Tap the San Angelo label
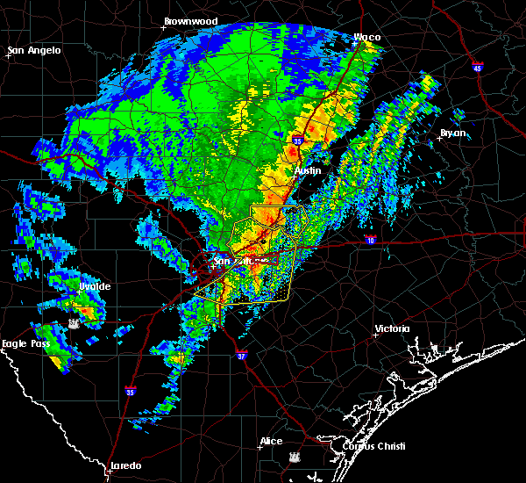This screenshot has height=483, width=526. pyautogui.click(x=35, y=50)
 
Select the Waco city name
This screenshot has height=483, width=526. pyautogui.click(x=366, y=37)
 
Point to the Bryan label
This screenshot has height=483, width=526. pyautogui.click(x=452, y=133)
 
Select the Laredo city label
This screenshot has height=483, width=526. pyautogui.click(x=124, y=465)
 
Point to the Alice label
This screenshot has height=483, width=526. pyautogui.click(x=272, y=441)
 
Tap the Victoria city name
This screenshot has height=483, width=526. pyautogui.click(x=392, y=328)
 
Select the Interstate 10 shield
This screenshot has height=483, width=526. pyautogui.click(x=372, y=239)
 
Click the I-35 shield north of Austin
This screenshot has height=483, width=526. pyautogui.click(x=298, y=140)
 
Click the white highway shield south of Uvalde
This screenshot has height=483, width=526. pyautogui.click(x=74, y=325)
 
